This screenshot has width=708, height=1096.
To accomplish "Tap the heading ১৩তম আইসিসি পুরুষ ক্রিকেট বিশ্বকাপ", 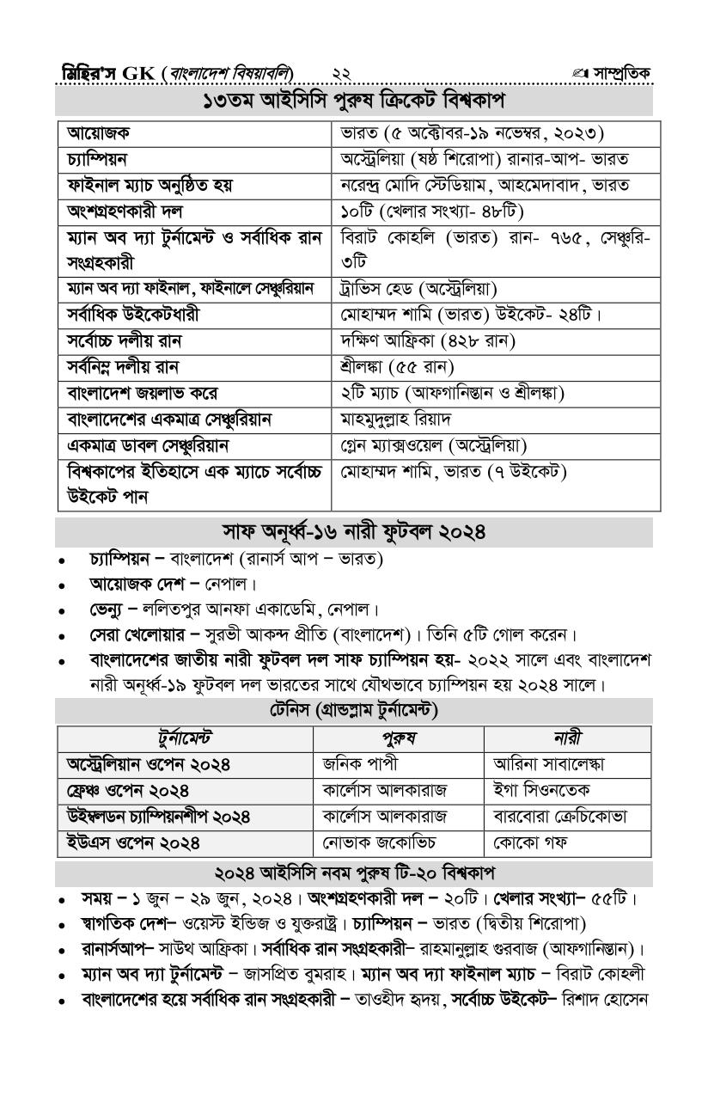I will coord(353,101).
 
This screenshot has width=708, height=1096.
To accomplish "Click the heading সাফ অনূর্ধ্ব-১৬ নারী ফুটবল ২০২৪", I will coord(353,531).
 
